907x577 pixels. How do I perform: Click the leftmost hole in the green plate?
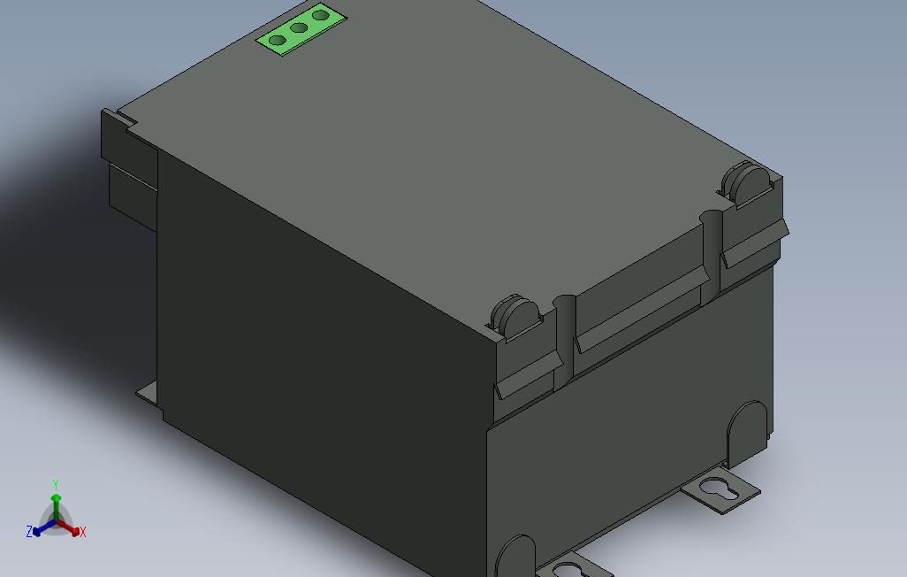278,41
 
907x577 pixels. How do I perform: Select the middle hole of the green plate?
299,28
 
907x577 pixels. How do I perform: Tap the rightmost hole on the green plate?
321,15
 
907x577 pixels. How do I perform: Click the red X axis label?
83,532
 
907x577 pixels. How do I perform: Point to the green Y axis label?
56,484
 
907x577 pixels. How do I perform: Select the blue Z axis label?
29,532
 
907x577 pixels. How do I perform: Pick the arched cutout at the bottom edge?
515,557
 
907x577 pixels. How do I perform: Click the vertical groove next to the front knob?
563,341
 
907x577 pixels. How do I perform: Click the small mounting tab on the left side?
148,396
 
